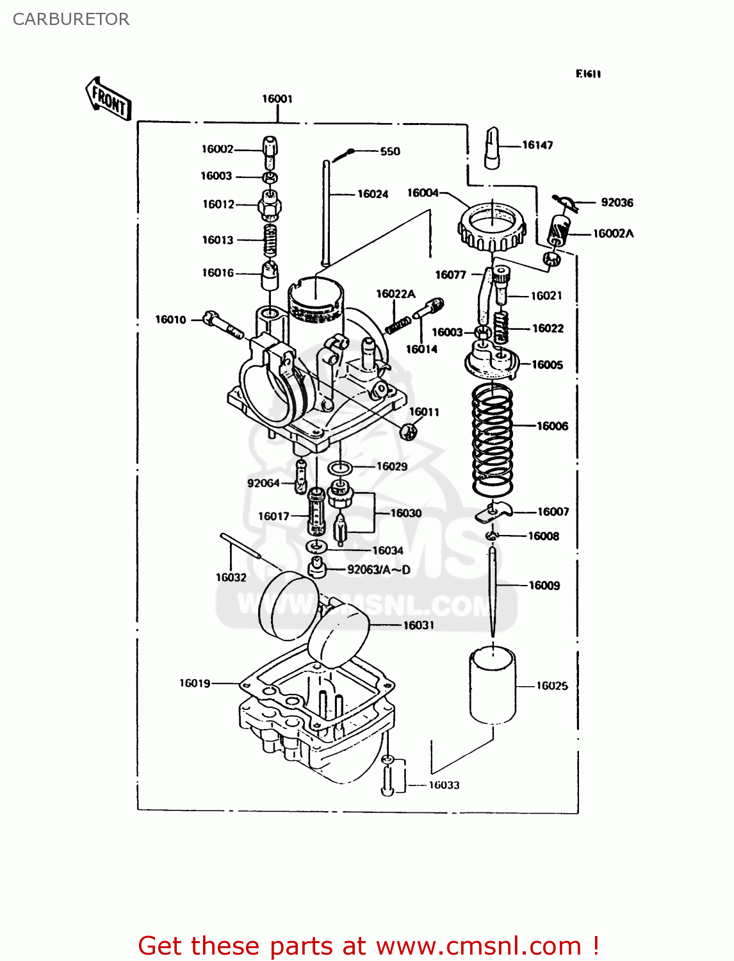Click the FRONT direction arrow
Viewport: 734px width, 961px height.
click(x=108, y=100)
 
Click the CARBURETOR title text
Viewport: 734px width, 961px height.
click(x=71, y=19)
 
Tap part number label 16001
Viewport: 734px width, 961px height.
click(x=277, y=99)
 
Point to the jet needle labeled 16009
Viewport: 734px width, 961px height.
click(x=493, y=589)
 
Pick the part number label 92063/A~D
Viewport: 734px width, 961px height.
click(x=379, y=570)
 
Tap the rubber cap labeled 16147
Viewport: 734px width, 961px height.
click(x=492, y=147)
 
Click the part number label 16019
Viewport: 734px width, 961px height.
click(x=195, y=683)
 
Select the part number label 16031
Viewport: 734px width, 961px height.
click(x=419, y=625)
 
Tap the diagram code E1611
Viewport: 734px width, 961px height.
click(x=588, y=74)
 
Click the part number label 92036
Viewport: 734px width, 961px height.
click(x=617, y=202)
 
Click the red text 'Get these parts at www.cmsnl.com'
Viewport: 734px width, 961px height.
click(x=368, y=946)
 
